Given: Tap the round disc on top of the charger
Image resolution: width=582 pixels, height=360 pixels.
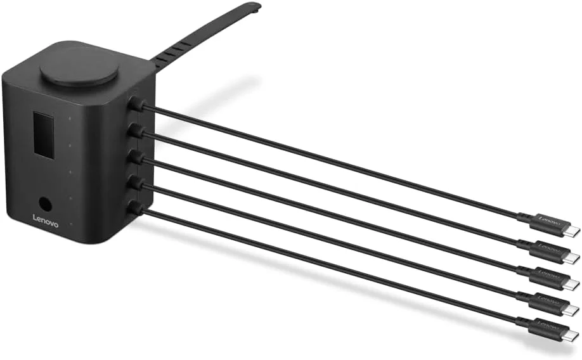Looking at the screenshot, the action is tap(79, 70).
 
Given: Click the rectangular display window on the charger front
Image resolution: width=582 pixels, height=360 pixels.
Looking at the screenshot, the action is tap(43, 132).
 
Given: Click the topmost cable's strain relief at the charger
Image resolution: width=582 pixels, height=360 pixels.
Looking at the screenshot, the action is tap(136, 103).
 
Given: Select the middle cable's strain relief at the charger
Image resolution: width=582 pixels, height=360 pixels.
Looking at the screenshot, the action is tap(136, 157).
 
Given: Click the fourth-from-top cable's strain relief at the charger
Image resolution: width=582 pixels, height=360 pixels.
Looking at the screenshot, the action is tap(136, 183).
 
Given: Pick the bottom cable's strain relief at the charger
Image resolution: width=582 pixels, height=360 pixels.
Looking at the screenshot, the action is tap(136, 208).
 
